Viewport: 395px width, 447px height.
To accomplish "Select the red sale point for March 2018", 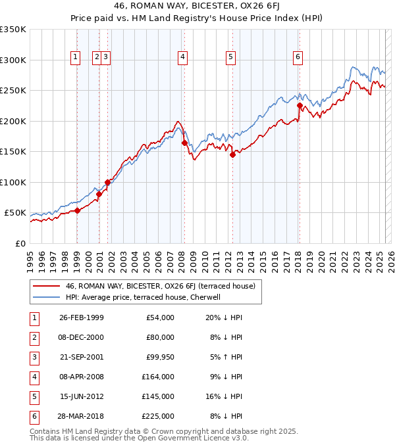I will [x=300, y=105].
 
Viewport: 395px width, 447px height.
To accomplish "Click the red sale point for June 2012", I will [x=232, y=155].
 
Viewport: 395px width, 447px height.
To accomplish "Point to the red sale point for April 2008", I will [x=184, y=143].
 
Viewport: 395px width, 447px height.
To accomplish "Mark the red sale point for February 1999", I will [x=78, y=210].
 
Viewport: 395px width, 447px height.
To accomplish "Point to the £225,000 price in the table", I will [x=157, y=416].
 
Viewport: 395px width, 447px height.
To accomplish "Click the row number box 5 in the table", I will [x=34, y=396].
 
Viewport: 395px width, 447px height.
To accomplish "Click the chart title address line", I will [x=197, y=6].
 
